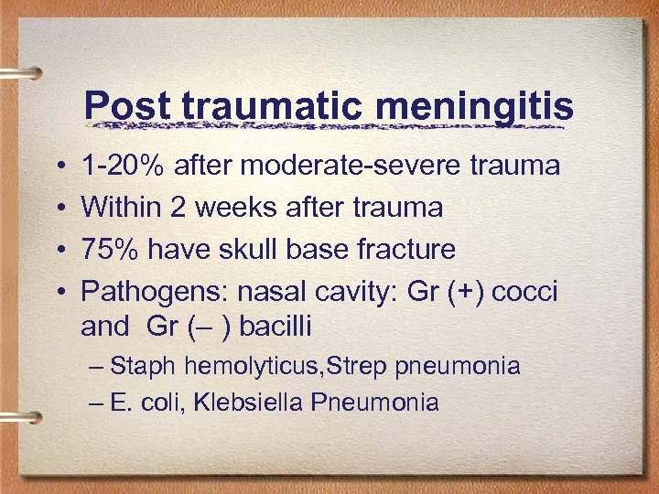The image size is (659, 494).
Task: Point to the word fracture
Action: click(x=409, y=249)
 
